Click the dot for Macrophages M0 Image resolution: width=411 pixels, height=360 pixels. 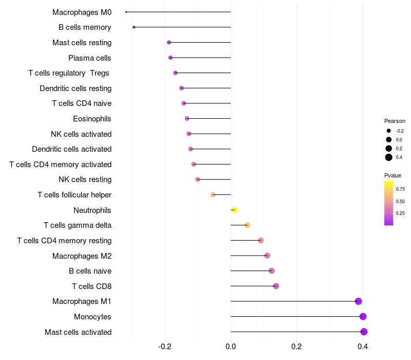(x=126, y=12)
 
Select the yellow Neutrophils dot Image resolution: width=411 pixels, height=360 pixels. (x=234, y=210)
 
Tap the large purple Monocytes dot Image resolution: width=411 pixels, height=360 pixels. (x=363, y=317)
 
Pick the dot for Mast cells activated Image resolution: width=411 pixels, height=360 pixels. (x=364, y=332)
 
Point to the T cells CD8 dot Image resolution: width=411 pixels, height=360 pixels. (x=276, y=286)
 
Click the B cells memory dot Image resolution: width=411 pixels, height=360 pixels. (x=134, y=27)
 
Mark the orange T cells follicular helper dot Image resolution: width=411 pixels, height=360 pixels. (x=213, y=195)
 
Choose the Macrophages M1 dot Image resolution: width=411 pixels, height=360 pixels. (x=359, y=301)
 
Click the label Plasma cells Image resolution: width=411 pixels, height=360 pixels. (x=90, y=58)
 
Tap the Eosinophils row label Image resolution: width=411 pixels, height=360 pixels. (x=92, y=119)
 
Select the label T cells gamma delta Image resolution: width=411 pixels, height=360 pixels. (x=78, y=225)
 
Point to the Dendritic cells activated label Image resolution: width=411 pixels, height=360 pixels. (x=71, y=149)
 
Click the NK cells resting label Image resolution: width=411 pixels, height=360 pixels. (x=85, y=179)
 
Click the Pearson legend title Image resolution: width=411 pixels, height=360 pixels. (x=395, y=121)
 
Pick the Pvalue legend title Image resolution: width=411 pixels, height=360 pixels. (x=393, y=175)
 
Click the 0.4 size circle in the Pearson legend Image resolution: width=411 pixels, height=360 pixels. (x=389, y=157)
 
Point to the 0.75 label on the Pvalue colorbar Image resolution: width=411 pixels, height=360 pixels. (x=400, y=189)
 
